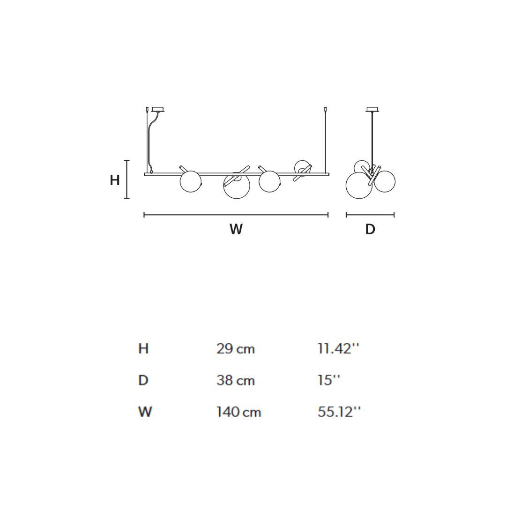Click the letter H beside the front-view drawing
click(115, 180)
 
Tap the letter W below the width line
click(236, 229)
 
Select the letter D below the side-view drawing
click(370, 229)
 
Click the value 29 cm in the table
click(236, 349)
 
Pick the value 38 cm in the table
click(236, 380)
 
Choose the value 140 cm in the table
click(239, 412)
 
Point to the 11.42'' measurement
click(338, 349)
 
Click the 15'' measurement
click(329, 380)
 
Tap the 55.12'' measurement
click(339, 412)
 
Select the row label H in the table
click(143, 349)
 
